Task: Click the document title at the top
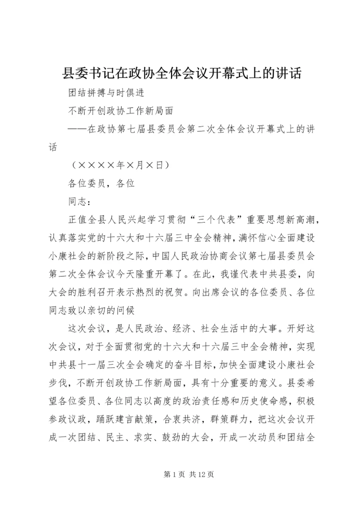coord(181,73)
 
